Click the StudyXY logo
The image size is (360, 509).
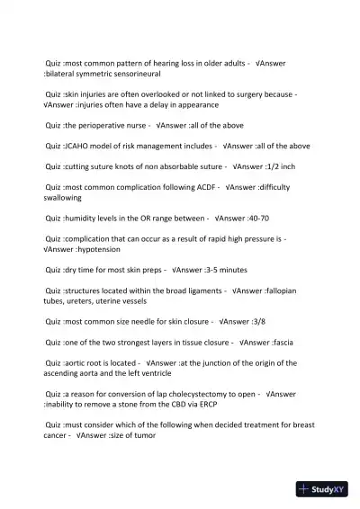coord(323,490)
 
